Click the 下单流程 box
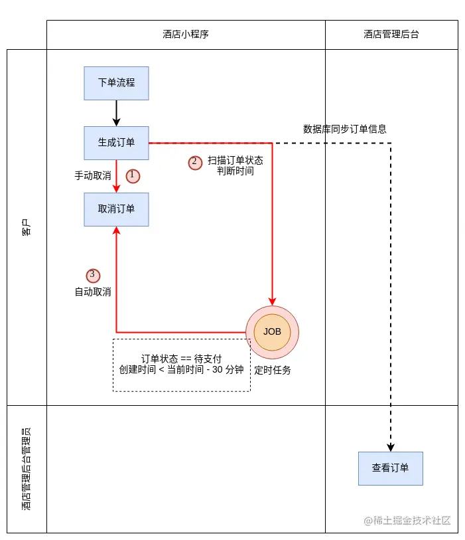[x=116, y=83]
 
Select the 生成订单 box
[x=116, y=143]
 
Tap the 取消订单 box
[x=116, y=209]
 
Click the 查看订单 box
[x=390, y=468]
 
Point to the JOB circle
[x=272, y=332]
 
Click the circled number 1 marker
[x=133, y=175]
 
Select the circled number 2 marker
[x=195, y=162]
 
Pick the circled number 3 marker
[x=93, y=275]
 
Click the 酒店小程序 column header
[x=186, y=35]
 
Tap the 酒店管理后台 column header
[x=391, y=35]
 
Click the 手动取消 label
[x=93, y=176]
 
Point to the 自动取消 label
[x=93, y=292]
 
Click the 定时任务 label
[x=273, y=370]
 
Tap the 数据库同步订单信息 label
[x=345, y=129]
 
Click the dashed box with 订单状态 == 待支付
[x=181, y=365]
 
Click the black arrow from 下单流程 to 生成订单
[x=117, y=113]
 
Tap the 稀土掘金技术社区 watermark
[x=407, y=521]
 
